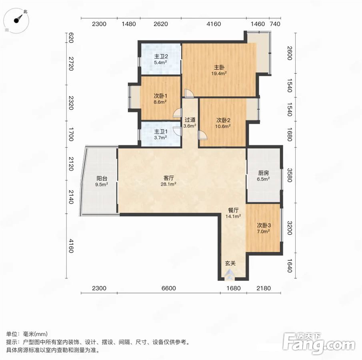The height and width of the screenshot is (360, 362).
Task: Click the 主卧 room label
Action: click(219, 68)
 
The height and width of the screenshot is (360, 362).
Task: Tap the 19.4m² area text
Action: click(219, 74)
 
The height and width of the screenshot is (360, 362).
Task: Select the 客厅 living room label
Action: click(168, 178)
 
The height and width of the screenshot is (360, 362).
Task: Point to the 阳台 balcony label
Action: click(102, 178)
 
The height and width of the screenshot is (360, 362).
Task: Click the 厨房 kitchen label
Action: click(264, 173)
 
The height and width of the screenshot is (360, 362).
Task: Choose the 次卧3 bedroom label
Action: click(264, 225)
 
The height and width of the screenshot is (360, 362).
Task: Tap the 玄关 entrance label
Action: click(230, 263)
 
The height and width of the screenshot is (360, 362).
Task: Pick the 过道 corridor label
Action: click(190, 120)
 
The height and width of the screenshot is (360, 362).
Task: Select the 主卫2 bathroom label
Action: click(161, 56)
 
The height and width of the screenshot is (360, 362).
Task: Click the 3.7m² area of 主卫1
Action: click(161, 138)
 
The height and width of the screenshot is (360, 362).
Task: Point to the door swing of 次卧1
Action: click(178, 113)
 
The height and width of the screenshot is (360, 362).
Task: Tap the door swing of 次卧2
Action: click(202, 135)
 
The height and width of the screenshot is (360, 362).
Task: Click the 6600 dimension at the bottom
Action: click(169, 288)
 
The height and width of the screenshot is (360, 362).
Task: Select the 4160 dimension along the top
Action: click(214, 24)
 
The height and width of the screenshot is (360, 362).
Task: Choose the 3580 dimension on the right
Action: click(290, 175)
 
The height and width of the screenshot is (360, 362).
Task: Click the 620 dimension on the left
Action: click(71, 38)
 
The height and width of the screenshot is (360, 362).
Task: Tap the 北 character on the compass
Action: click(25, 11)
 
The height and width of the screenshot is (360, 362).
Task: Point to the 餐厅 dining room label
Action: click(234, 210)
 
